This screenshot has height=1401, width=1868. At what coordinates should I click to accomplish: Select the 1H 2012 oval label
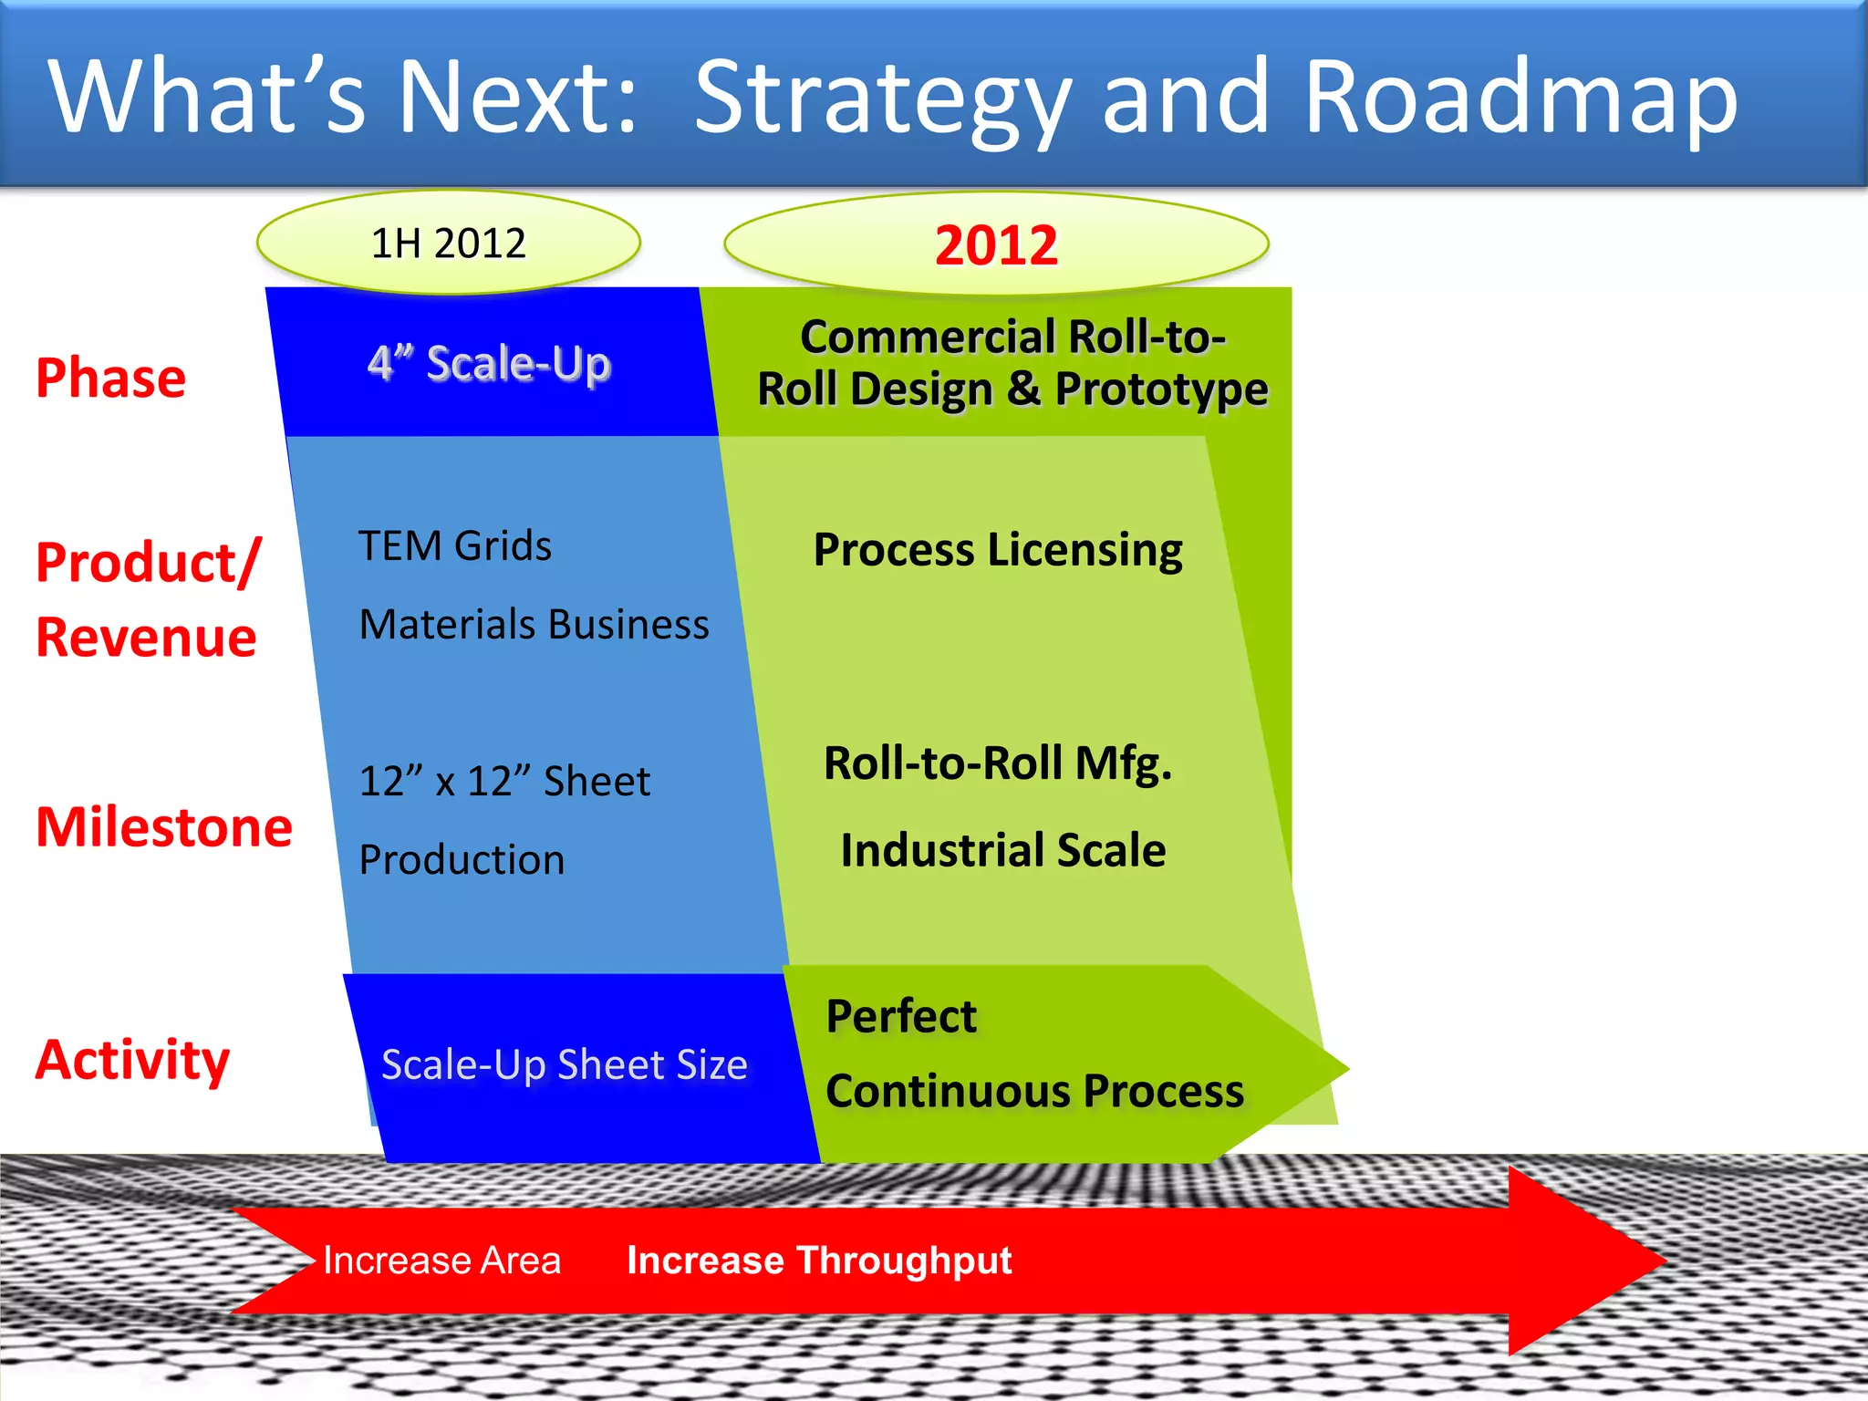pos(449,244)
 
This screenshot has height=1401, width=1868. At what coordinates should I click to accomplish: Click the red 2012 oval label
pos(996,245)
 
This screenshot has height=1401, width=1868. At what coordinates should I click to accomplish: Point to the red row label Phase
pos(110,378)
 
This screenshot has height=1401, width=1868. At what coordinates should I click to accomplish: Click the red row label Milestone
pos(164,826)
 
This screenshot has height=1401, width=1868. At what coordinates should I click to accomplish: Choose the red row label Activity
pos(133,1060)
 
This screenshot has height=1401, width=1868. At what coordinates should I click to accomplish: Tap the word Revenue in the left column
pos(146,637)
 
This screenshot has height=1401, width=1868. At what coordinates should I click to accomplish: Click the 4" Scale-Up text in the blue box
pos(489,363)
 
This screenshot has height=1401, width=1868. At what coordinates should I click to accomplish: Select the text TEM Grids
pos(455,546)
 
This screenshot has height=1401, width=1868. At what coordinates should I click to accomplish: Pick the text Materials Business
pos(534,625)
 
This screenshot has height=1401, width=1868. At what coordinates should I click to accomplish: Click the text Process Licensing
pos(998,550)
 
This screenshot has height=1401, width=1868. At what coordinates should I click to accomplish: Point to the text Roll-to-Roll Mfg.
pos(998,763)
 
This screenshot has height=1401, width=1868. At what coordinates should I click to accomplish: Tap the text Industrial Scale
pos(1002,850)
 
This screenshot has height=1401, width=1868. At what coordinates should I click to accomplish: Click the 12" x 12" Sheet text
pos(504,781)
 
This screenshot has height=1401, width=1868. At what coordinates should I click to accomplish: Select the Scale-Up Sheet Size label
pos(564,1064)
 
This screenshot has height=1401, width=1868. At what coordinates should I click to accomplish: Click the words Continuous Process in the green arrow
pos(1034,1091)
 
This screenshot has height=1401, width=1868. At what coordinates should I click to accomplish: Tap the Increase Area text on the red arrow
pos(441,1261)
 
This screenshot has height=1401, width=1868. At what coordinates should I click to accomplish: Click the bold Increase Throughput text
pos(819,1261)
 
